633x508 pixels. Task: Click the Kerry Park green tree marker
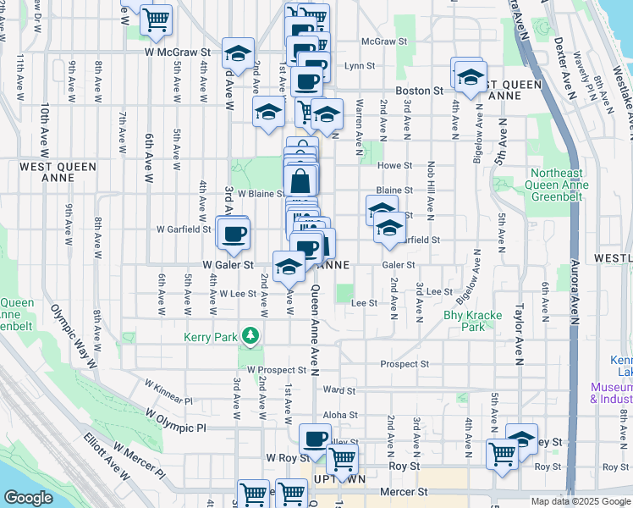tap(250, 337)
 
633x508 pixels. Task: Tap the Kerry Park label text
tap(206, 337)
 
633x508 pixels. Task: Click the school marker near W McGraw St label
tap(239, 52)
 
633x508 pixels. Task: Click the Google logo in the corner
tap(27, 498)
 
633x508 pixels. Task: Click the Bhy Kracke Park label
tap(472, 320)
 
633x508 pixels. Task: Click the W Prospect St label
tap(276, 370)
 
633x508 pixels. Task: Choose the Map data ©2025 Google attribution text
tap(580, 501)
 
